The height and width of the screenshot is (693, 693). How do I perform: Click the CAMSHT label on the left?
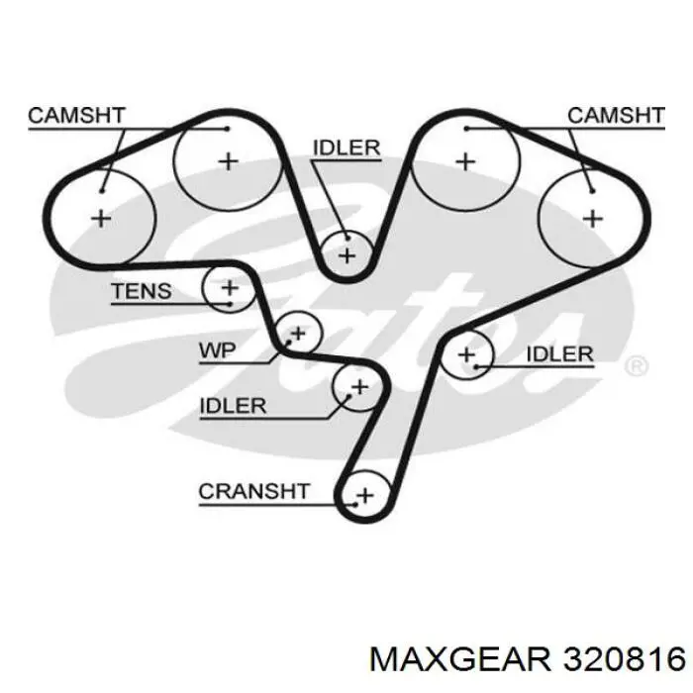(77, 116)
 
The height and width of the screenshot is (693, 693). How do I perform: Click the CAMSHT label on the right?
(616, 116)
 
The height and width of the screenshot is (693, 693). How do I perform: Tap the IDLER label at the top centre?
(346, 148)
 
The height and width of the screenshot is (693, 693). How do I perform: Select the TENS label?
(142, 291)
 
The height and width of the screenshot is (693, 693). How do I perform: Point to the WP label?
(217, 350)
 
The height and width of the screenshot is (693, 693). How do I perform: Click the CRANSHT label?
(253, 491)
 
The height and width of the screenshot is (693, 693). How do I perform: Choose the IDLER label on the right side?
(560, 354)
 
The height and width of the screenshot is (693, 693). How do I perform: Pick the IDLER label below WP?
(233, 406)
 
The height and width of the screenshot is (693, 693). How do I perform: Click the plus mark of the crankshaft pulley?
(365, 495)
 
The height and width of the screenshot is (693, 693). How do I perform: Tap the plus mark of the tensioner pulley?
(230, 288)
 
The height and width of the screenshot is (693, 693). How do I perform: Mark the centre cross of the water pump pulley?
(298, 334)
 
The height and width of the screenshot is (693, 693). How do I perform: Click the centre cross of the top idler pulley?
(346, 255)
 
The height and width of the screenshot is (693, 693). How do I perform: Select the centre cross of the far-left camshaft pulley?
(101, 219)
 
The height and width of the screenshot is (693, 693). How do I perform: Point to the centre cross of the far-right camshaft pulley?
(593, 219)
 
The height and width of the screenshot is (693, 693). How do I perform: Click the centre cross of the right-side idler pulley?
(466, 354)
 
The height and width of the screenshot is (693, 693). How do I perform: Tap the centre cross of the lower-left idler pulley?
(359, 387)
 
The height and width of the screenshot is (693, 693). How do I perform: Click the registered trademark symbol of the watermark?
(637, 366)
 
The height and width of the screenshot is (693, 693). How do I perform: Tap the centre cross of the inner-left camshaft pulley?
(229, 161)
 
